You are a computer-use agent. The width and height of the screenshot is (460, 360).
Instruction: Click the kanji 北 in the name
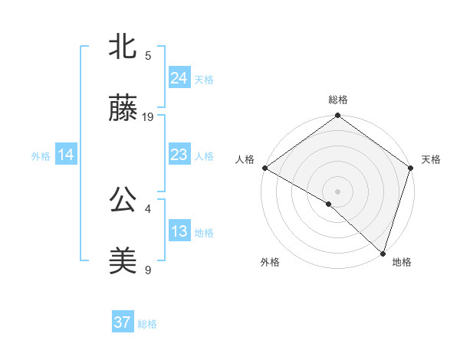[x=123, y=47]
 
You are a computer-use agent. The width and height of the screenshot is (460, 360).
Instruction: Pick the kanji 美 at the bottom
[x=123, y=261]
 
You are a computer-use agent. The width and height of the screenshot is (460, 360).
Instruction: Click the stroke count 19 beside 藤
[x=149, y=117]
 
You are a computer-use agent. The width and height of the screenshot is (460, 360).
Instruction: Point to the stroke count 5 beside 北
[x=148, y=56]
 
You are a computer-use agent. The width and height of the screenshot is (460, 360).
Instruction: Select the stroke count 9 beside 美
[x=148, y=270]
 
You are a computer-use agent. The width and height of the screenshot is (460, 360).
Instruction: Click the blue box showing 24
[x=179, y=77]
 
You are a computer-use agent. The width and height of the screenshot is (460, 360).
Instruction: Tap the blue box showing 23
[x=179, y=155]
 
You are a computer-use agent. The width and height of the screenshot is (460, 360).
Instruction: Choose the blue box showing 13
[x=179, y=231]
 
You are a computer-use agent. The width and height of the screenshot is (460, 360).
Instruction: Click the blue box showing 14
[x=66, y=155]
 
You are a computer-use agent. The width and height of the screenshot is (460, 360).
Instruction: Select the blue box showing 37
[x=122, y=322]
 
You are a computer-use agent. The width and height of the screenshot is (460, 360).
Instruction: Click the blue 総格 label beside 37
[x=147, y=324]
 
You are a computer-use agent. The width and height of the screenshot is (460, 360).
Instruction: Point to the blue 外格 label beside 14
[x=41, y=156]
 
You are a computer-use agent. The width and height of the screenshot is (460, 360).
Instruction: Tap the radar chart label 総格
[x=338, y=100]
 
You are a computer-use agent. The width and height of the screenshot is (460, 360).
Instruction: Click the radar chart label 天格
[x=431, y=159]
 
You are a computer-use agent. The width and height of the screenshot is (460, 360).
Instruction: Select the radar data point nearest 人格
[x=264, y=168]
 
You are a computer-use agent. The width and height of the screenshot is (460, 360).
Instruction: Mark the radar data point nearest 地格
[x=383, y=254]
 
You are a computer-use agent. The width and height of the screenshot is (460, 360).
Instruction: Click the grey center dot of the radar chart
[x=338, y=191]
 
